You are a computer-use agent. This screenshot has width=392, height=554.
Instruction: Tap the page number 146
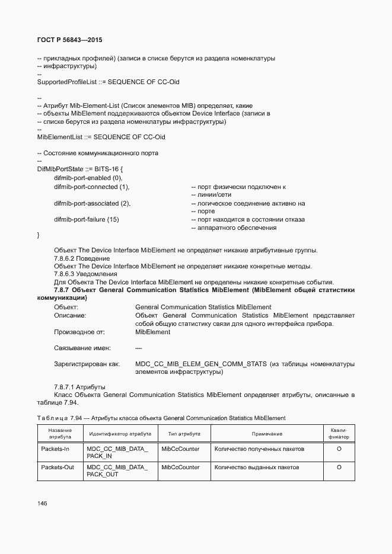[42, 503]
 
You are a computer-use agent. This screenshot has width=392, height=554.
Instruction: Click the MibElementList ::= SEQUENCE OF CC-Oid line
[101, 137]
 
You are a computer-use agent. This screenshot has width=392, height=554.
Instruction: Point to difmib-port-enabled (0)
[88, 178]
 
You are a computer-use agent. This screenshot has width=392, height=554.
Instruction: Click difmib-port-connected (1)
[91, 187]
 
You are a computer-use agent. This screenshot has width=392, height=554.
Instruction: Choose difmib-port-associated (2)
[92, 203]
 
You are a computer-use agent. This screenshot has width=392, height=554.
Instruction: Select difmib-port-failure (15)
[87, 219]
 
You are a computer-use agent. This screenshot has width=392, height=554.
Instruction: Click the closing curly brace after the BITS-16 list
[39, 236]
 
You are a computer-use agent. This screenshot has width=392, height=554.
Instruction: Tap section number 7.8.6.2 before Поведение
[66, 258]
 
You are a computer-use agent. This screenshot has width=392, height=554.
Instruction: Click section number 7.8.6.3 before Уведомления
[66, 274]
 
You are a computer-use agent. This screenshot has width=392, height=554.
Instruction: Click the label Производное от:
[79, 332]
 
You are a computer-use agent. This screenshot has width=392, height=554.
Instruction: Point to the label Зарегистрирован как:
[87, 364]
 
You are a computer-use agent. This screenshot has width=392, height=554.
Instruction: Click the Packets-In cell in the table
[55, 449]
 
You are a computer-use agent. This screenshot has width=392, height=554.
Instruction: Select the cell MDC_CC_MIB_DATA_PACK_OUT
[117, 471]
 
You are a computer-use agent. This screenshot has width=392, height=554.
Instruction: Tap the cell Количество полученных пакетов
[259, 449]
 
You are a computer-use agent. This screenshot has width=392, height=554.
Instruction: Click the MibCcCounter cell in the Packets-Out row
[180, 467]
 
